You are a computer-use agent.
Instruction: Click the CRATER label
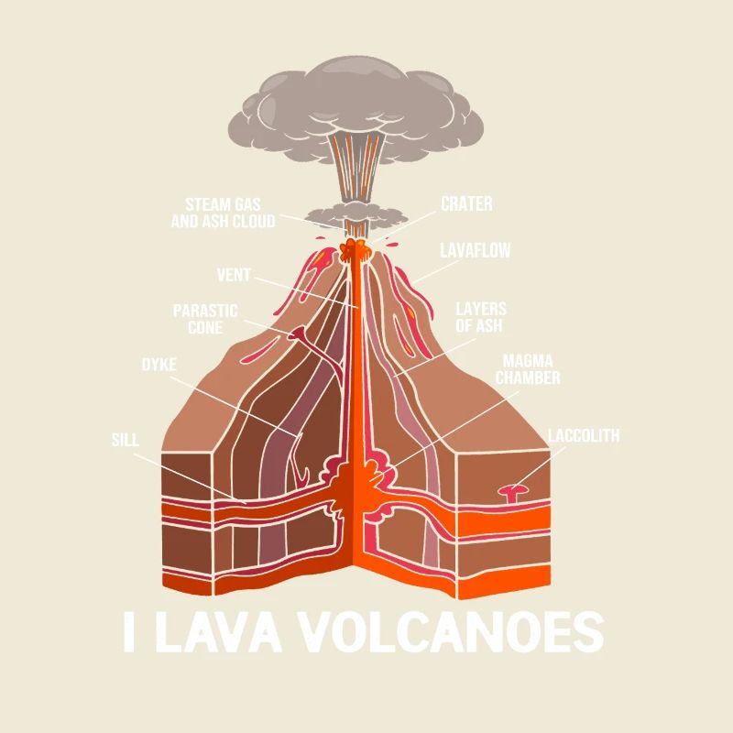466,203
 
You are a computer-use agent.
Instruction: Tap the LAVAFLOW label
475,250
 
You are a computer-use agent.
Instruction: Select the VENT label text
233,275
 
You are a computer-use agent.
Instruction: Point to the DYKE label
159,364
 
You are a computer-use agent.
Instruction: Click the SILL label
125,440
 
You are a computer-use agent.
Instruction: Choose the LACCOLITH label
584,435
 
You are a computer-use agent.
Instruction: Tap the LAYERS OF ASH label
480,317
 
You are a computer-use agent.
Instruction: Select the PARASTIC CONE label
205,319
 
